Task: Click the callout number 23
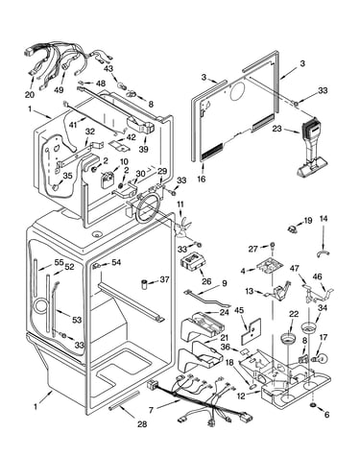[x=276, y=129]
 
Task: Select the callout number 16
[x=202, y=179]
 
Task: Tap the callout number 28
[x=142, y=424]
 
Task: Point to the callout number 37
[x=164, y=279]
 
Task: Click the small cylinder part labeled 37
[x=145, y=284]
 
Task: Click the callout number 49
[x=59, y=90]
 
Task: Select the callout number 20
[x=29, y=94]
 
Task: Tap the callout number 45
[x=239, y=310]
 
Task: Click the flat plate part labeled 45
[x=251, y=329]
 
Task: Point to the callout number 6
[x=326, y=415]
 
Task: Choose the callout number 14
[x=324, y=219]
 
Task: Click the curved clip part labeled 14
[x=323, y=253]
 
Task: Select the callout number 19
[x=307, y=221]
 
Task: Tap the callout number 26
[x=206, y=281]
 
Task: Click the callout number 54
[x=116, y=262]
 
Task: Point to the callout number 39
[x=144, y=149]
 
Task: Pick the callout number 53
[x=77, y=320]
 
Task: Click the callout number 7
[x=152, y=410]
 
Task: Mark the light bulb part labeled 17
[x=322, y=358]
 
